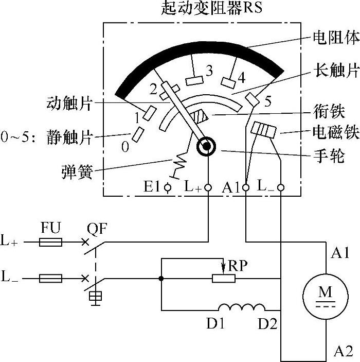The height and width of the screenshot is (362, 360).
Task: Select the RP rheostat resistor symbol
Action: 224,279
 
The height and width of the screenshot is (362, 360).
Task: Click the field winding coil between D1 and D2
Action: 242,308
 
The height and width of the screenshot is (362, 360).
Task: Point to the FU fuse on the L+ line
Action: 50,242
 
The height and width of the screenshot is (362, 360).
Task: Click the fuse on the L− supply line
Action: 50,279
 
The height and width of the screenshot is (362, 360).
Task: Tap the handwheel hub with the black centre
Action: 207,147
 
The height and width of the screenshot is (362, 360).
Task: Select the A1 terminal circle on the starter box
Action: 246,188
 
